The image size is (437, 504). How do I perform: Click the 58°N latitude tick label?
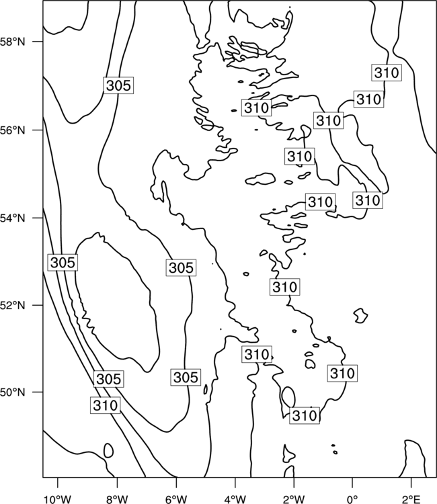tap(12, 42)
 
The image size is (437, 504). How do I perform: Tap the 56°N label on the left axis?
tap(12, 130)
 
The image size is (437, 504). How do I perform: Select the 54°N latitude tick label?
tap(12, 218)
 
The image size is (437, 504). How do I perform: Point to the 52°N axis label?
tap(12, 304)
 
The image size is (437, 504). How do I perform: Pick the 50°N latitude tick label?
tap(12, 392)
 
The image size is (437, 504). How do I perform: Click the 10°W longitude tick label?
tap(58, 499)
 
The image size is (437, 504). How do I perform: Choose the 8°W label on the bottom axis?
tap(117, 499)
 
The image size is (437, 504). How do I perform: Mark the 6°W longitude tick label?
tap(176, 499)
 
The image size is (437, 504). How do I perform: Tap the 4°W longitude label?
tap(235, 499)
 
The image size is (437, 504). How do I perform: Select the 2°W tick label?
tap(294, 499)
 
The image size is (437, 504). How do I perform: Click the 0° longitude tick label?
tap(352, 499)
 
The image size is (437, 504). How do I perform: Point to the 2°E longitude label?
tap(411, 499)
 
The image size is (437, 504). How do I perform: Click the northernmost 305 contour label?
tap(118, 85)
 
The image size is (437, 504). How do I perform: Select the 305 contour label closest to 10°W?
tap(63, 262)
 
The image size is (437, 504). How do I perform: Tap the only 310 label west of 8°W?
tap(105, 405)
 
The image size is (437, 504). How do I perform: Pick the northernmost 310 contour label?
tap(387, 73)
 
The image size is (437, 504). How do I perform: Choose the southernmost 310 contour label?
tap(305, 415)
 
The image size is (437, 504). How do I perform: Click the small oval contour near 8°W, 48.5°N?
tap(108, 450)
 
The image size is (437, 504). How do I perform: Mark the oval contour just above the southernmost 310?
tap(288, 396)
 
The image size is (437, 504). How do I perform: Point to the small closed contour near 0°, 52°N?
tap(361, 315)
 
